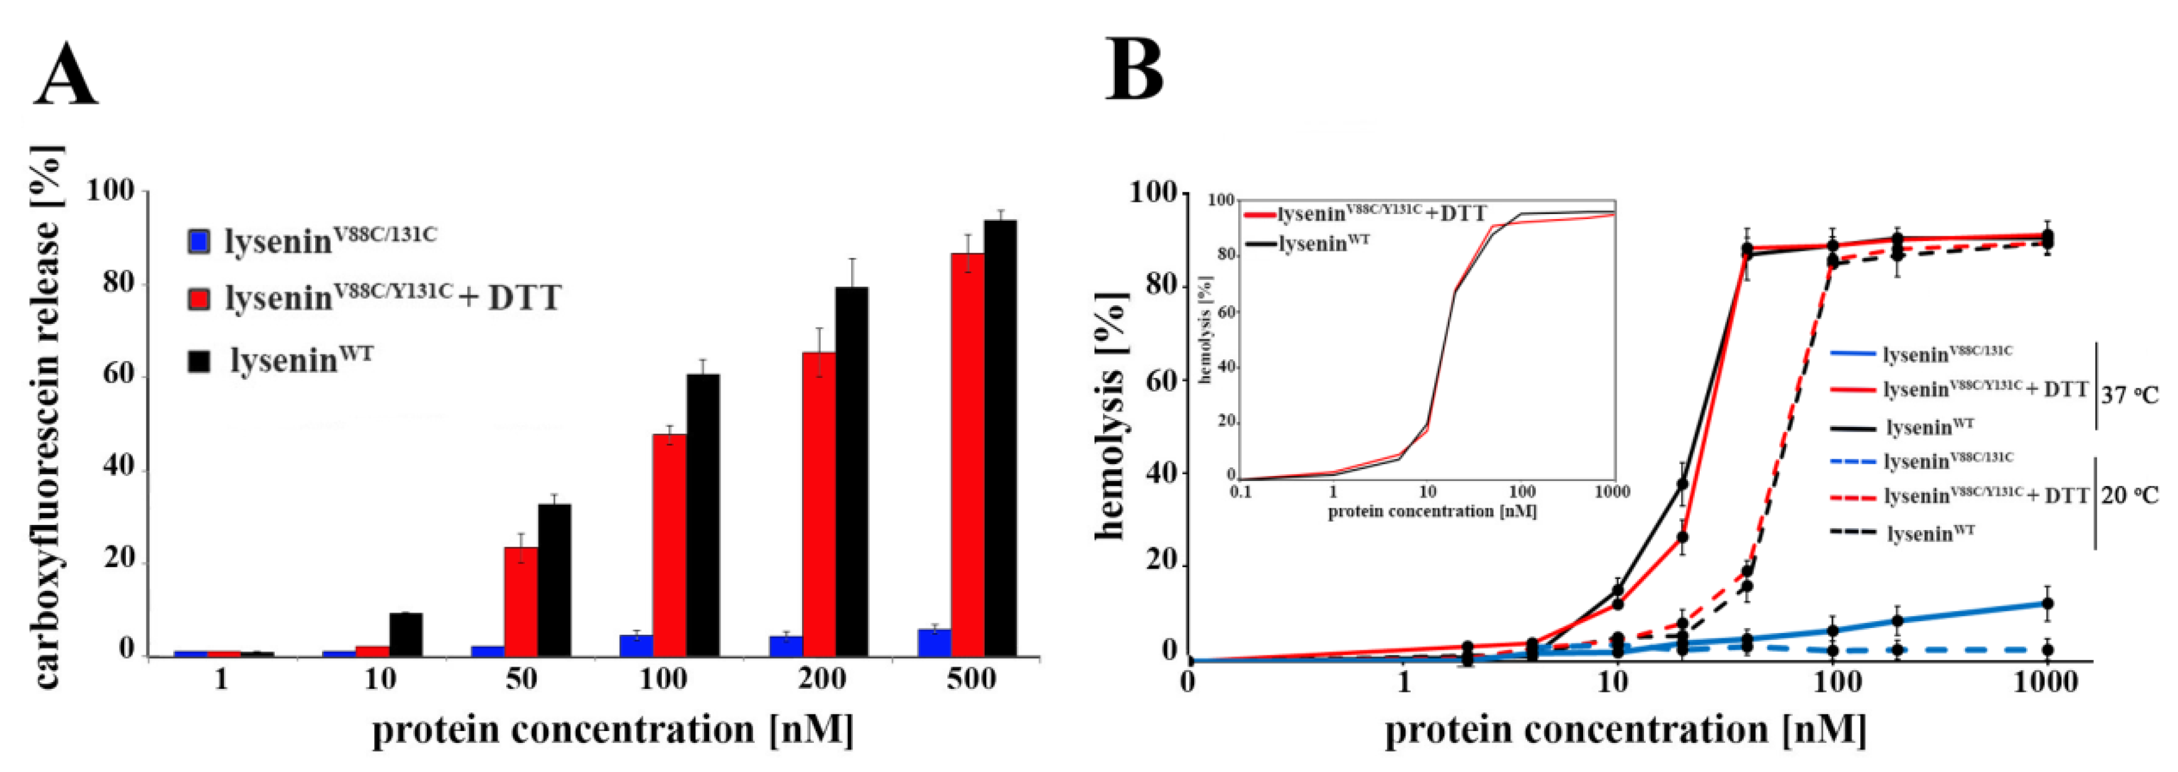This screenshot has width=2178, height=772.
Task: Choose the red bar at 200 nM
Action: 818,504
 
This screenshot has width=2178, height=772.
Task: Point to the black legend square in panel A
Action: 197,362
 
